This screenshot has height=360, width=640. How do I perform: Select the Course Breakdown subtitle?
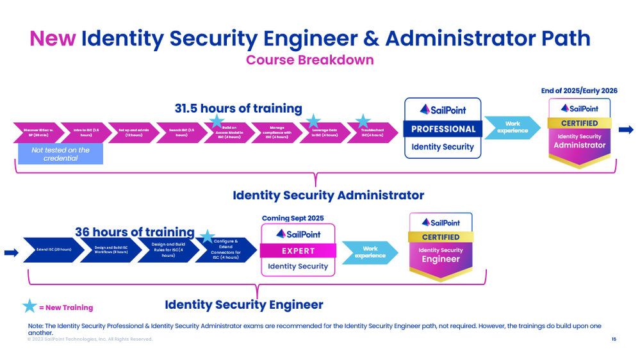tap(309, 60)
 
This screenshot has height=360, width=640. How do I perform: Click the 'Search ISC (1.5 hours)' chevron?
tap(180, 133)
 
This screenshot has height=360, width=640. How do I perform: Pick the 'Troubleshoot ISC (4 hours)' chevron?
tap(372, 133)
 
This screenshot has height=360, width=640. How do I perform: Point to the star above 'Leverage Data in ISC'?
tap(313, 120)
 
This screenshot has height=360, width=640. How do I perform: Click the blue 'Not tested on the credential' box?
tap(60, 154)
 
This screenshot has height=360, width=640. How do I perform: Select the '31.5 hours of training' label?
tap(238, 108)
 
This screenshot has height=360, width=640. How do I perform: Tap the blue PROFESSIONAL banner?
tap(443, 129)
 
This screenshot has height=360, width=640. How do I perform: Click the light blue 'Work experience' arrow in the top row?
tap(512, 127)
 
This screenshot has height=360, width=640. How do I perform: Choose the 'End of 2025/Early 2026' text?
tap(579, 91)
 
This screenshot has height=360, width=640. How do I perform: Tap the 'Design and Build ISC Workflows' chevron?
tap(110, 250)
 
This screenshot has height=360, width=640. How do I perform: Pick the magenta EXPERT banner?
tap(299, 250)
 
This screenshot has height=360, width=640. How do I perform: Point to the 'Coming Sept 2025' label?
tap(293, 218)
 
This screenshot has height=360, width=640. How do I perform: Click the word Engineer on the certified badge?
tap(440, 259)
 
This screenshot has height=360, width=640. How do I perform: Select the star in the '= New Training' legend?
tap(29, 306)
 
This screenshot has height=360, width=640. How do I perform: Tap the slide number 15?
tap(614, 339)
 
